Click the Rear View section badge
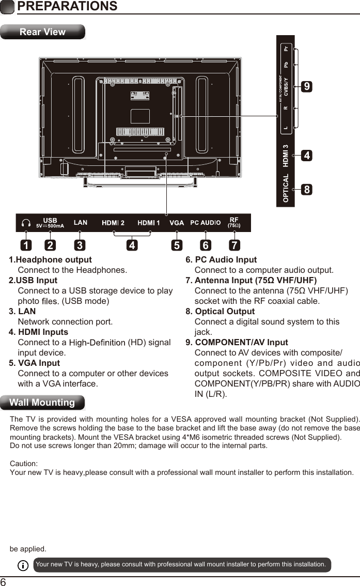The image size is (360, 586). point(42,32)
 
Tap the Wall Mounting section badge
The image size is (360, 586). point(42,402)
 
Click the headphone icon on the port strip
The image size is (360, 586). point(26,223)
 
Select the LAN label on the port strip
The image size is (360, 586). point(81,223)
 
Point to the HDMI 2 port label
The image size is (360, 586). point(113,223)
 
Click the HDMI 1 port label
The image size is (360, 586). point(149,223)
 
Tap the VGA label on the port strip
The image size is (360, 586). point(177,223)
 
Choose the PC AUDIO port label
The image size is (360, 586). point(205,223)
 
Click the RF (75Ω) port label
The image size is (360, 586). point(234,222)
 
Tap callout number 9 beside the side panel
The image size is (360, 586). point(307,87)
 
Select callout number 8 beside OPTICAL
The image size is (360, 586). point(307,190)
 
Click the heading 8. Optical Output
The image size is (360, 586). point(220,311)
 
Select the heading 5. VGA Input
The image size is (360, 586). point(35,363)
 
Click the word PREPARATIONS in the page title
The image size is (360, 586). point(67,6)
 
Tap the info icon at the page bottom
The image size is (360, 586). point(23,565)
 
